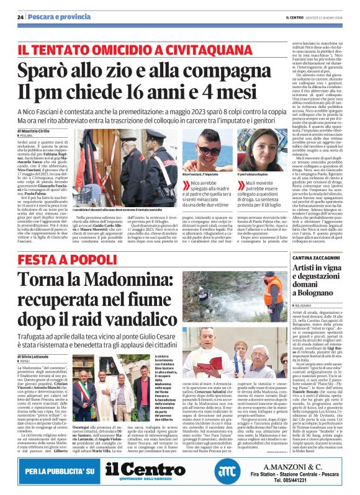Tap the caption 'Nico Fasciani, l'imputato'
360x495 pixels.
click(x=200, y=175)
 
